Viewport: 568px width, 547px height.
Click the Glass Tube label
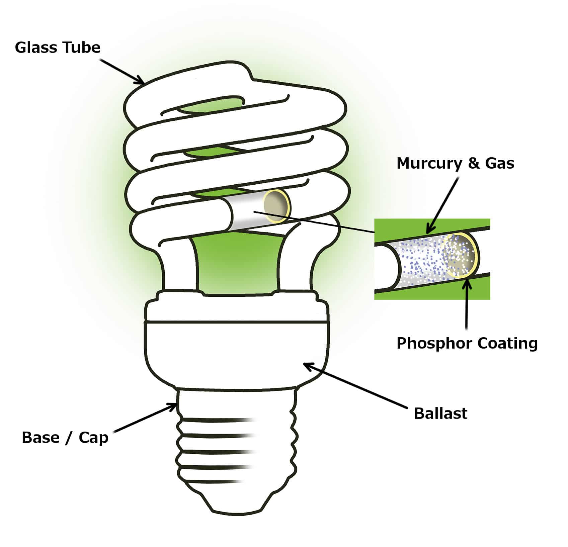(x=58, y=48)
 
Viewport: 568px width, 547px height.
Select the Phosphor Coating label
(x=467, y=343)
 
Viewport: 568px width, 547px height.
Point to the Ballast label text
(x=440, y=413)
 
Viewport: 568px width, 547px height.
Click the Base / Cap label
(x=65, y=437)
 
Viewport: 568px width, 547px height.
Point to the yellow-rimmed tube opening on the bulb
(x=277, y=206)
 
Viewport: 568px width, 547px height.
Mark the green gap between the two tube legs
(x=238, y=264)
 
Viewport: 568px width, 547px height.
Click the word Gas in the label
(x=499, y=163)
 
